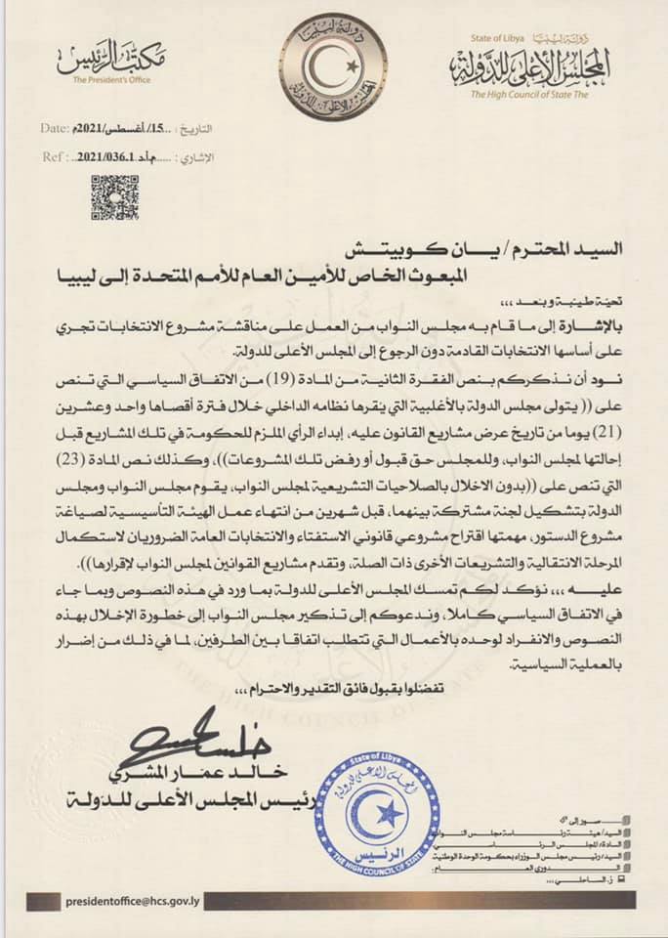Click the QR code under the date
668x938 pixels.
point(115,196)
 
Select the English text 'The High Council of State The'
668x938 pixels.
point(533,94)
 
